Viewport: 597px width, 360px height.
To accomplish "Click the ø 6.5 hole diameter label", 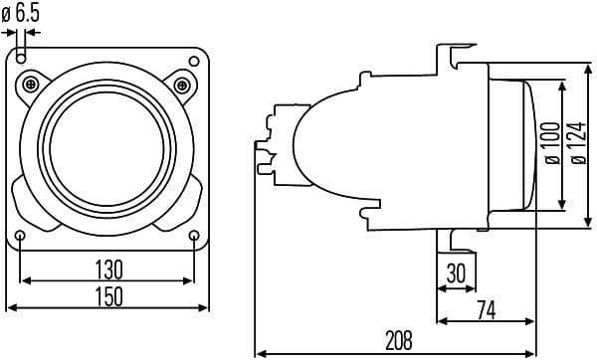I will pyautogui.click(x=21, y=14).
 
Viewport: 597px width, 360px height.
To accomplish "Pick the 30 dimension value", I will pyautogui.click(x=456, y=273).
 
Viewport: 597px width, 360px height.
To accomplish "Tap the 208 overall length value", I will pyautogui.click(x=398, y=340).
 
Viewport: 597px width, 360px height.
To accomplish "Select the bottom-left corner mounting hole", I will pyautogui.click(x=21, y=235).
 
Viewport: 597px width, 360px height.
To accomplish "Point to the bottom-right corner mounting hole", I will pyautogui.click(x=195, y=235).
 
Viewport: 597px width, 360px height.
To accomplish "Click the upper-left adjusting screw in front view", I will pyautogui.click(x=34, y=82).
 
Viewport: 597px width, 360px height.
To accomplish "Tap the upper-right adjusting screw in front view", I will pyautogui.click(x=182, y=82).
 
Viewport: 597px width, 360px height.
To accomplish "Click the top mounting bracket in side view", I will pyautogui.click(x=456, y=60).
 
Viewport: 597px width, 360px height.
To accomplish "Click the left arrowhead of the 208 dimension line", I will pyautogui.click(x=260, y=351).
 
